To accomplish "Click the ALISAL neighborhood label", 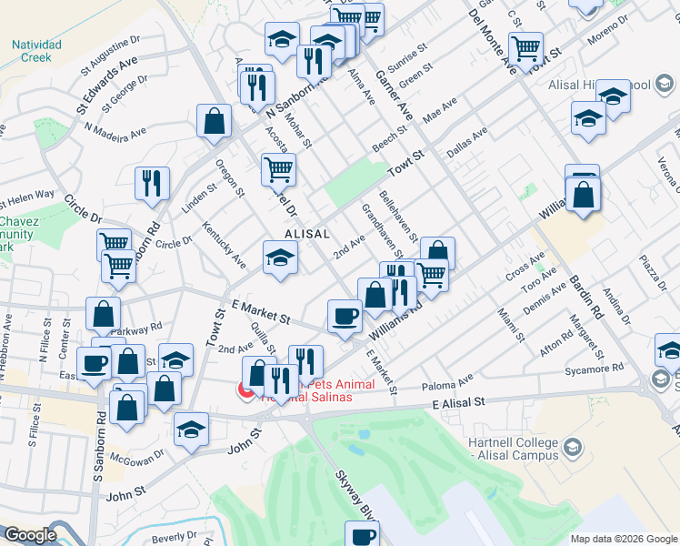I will (x=306, y=234).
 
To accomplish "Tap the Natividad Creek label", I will (x=37, y=50).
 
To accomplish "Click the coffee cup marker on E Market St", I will (x=345, y=316).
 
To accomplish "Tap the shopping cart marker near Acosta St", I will (x=278, y=168).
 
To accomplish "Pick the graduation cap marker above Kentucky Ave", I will (x=280, y=258).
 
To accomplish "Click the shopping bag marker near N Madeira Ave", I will (x=214, y=122).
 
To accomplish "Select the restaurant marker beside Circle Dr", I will (x=152, y=183).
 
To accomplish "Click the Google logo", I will (x=30, y=535).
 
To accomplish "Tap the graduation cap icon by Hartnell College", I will (x=572, y=447).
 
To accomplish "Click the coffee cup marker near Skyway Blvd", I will (x=361, y=534).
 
